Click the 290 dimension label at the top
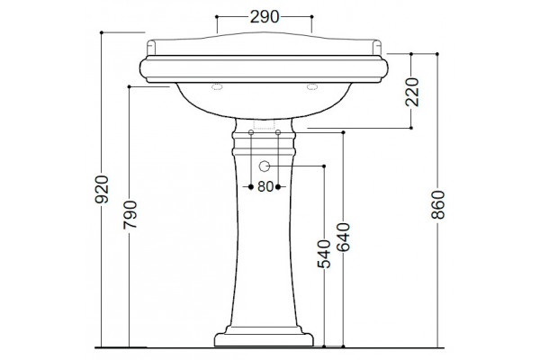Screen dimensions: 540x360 click(265, 16)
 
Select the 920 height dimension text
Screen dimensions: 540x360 click(102, 190)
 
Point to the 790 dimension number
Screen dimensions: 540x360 click(130, 215)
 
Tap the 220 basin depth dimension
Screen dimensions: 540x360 click(412, 92)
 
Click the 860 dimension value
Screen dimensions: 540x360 click(438, 204)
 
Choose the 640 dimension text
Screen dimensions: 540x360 click(344, 238)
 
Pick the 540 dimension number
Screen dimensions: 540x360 click(324, 254)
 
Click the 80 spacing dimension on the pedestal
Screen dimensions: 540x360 click(265, 186)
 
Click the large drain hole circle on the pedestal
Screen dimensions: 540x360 click(264, 166)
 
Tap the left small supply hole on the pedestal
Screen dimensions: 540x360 click(251, 132)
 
